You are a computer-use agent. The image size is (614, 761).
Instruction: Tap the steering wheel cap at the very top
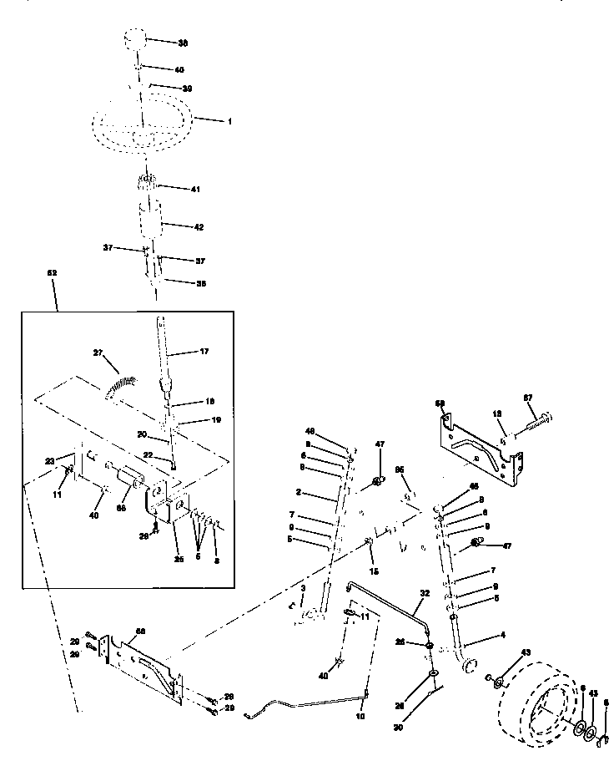coord(137,40)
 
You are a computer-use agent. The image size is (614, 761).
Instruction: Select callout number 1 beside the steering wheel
coord(229,121)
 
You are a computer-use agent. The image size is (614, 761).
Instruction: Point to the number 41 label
coord(196,190)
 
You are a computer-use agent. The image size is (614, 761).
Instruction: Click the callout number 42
coord(198,226)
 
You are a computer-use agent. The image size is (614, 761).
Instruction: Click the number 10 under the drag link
coord(360,717)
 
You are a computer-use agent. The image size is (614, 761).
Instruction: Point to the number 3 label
coord(303,590)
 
